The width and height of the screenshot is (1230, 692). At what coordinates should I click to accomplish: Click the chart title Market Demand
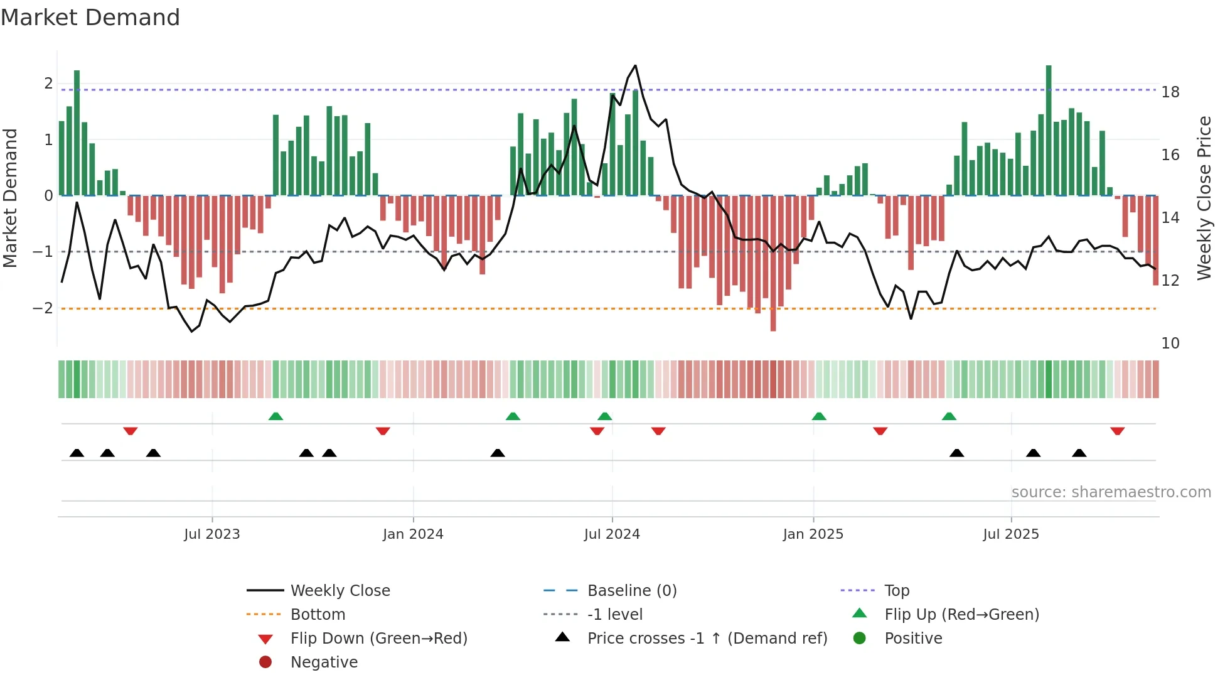coord(90,18)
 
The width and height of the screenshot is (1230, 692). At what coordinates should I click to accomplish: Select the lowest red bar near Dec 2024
coord(773,263)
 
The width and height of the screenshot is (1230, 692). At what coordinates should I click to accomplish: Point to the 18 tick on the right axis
coord(1170,92)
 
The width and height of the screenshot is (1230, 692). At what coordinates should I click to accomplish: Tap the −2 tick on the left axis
coord(43,308)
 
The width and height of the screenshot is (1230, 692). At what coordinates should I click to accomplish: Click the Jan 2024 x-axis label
coord(413,534)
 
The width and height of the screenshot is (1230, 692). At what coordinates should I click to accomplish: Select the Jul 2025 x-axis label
coord(1011,534)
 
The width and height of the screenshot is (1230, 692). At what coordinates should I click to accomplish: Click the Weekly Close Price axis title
coord(1204,198)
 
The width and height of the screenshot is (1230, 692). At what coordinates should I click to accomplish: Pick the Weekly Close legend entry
coord(340,590)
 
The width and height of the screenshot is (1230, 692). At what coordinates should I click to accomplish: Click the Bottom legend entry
coord(318,614)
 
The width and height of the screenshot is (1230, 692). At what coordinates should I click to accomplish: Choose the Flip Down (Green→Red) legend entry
coord(378,638)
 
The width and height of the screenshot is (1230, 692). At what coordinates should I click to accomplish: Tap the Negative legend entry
coord(324,662)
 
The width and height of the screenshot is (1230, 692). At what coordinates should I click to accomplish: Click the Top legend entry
coord(897,590)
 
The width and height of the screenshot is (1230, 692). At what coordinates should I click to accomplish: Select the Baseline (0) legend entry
coord(632,590)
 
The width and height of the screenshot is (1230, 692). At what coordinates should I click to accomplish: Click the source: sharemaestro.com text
coord(1111,492)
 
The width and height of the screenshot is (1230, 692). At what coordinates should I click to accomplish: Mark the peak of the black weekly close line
coord(635,65)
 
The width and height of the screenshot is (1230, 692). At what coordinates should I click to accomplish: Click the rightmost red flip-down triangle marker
coord(1117,431)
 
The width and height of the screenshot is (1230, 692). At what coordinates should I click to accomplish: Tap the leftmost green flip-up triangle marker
coord(275,416)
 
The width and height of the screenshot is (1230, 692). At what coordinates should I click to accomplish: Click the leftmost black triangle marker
coord(77,453)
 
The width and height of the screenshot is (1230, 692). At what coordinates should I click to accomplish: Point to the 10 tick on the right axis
coord(1170,343)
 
